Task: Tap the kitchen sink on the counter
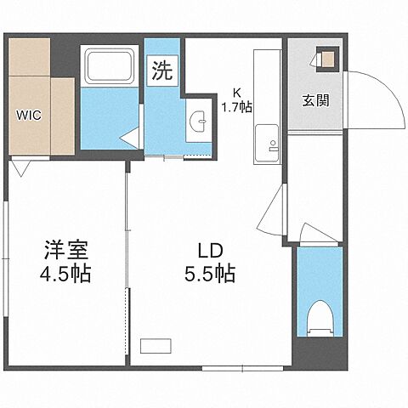click(266, 139)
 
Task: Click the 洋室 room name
click(67, 252)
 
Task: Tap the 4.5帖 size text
click(67, 275)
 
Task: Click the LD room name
click(210, 252)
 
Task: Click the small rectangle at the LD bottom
click(156, 344)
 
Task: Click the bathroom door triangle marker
click(128, 136)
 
